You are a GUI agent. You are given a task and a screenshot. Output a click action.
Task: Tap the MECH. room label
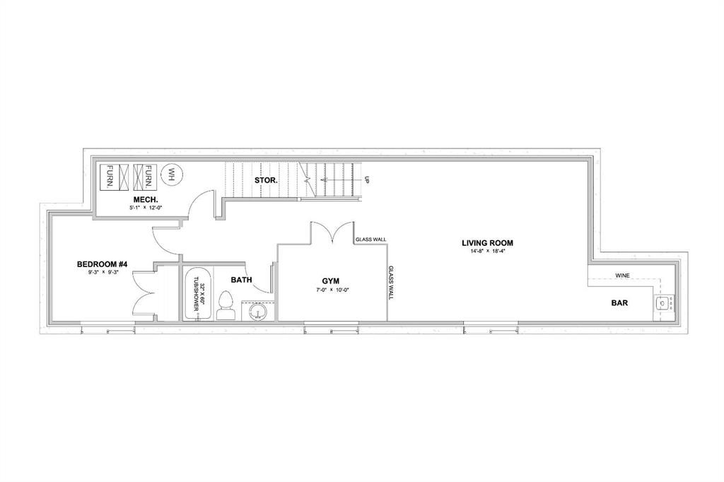click(144, 200)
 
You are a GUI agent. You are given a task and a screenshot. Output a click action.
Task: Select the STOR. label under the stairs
click(266, 180)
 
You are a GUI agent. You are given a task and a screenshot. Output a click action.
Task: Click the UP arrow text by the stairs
click(367, 180)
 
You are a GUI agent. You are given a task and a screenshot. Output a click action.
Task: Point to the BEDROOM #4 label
click(102, 264)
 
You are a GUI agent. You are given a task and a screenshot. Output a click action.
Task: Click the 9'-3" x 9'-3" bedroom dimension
click(102, 272)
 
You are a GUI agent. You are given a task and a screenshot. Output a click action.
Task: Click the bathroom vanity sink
click(257, 310)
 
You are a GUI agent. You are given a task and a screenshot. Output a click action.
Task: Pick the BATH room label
click(241, 280)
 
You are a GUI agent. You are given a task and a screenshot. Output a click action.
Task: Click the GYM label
click(330, 281)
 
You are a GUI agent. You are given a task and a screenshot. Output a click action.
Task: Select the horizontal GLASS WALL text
click(370, 240)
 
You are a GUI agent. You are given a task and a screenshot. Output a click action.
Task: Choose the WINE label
click(622, 276)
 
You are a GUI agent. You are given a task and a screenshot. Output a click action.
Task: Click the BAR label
click(621, 303)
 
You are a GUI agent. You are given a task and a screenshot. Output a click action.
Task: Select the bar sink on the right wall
click(663, 304)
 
